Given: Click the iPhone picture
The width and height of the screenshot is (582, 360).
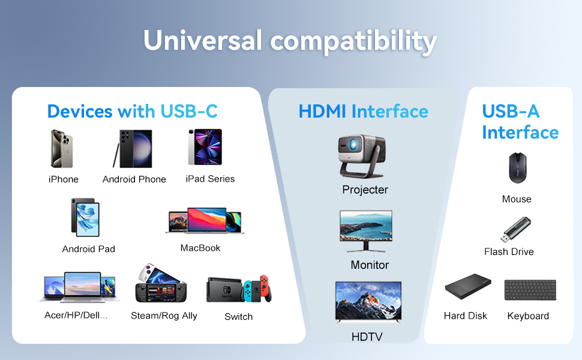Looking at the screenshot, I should coord(62,148).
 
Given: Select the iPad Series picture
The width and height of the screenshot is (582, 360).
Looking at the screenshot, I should coord(205,147).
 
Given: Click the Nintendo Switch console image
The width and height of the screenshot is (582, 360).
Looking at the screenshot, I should coord(239,289).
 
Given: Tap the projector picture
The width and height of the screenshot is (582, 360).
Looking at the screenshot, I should coord(362,156).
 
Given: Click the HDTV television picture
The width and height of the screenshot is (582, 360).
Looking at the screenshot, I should coord(368,302).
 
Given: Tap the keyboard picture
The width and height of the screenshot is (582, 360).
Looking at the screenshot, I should coord(530,290).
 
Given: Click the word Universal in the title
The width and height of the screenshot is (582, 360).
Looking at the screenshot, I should coord(203,41).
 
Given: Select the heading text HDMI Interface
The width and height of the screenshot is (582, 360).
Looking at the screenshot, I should coord(363,112).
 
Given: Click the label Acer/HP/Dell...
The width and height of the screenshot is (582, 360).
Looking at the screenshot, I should coord(76,315).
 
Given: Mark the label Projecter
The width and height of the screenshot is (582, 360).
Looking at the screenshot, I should coord(365,190).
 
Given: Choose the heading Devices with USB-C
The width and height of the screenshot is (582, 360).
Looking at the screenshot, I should coord(132,112).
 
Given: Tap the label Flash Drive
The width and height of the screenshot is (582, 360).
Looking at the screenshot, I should coord(509,252).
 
